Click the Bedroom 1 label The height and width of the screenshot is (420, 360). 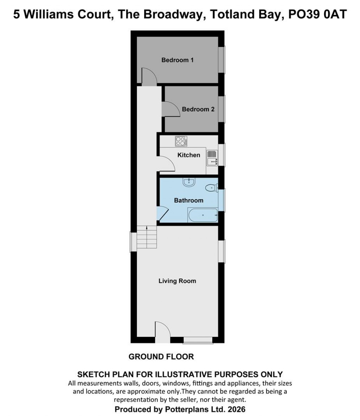click(x=177, y=60)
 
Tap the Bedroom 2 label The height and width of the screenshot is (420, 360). click(x=198, y=109)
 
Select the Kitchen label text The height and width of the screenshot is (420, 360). click(x=189, y=155)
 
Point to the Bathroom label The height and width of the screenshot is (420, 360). click(x=188, y=200)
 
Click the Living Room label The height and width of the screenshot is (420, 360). click(x=177, y=281)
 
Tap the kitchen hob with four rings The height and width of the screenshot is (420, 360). click(x=181, y=141)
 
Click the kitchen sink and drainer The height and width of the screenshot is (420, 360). click(x=212, y=157)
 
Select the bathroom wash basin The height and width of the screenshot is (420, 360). click(x=189, y=182)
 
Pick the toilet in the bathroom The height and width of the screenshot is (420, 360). click(x=211, y=188)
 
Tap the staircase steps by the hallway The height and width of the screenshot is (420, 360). click(x=146, y=237)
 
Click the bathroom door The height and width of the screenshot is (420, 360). click(x=163, y=214)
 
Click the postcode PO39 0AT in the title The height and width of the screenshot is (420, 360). click(x=317, y=15)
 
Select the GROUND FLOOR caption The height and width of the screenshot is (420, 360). click(x=161, y=357)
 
